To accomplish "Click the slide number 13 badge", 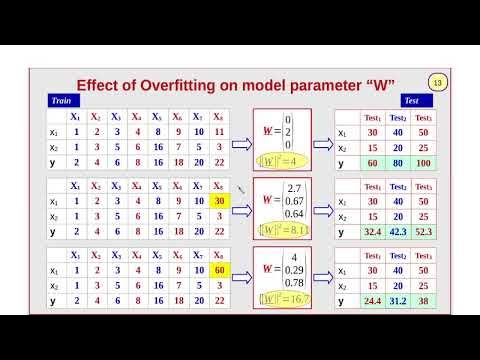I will (x=436, y=81).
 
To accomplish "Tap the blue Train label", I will (x=61, y=100).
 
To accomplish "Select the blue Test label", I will (x=410, y=100).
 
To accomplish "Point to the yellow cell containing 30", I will (x=218, y=201).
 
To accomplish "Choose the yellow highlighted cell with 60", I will (x=218, y=269).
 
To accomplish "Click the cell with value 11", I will (x=218, y=132).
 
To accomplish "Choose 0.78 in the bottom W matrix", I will (x=295, y=284).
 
